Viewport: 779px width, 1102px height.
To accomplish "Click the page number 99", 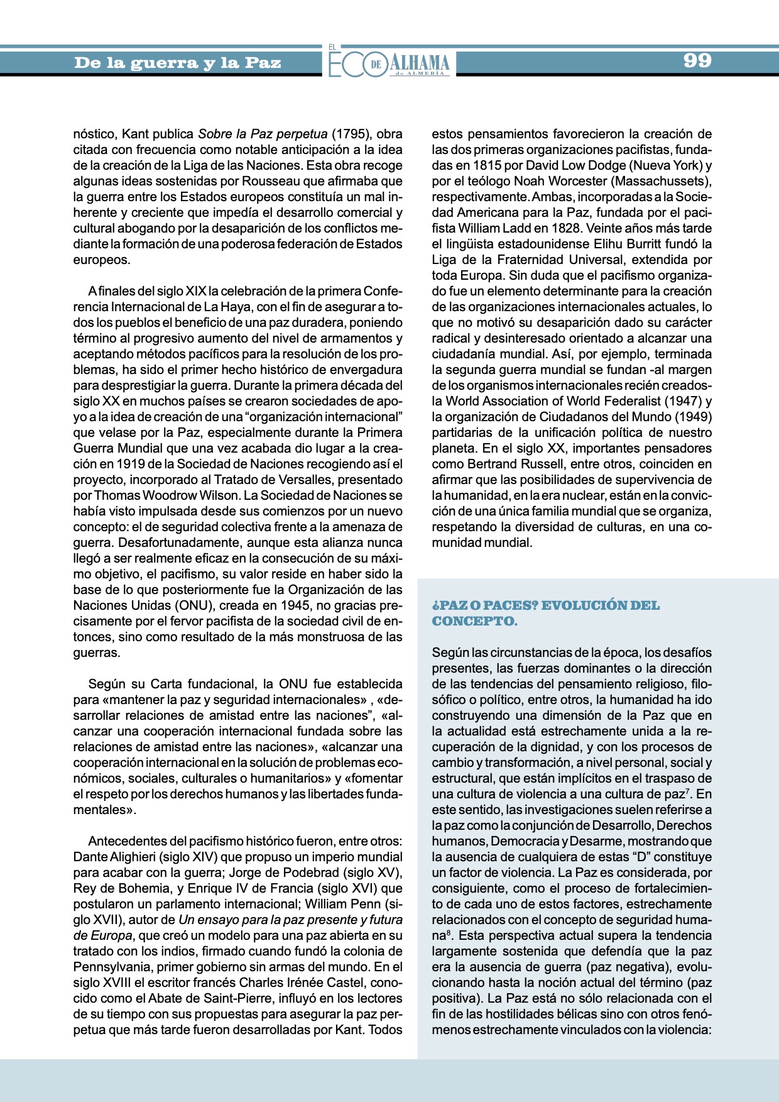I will pyautogui.click(x=697, y=60).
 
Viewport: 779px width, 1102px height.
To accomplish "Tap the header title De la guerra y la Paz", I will pyautogui.click(x=177, y=63).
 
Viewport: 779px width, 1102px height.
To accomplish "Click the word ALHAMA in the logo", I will pyautogui.click(x=419, y=62).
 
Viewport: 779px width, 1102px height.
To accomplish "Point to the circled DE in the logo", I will pyautogui.click(x=376, y=65).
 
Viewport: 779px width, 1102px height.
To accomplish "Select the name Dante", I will pyautogui.click(x=90, y=857).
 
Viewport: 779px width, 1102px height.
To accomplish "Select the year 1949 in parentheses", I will pyautogui.click(x=689, y=417).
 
